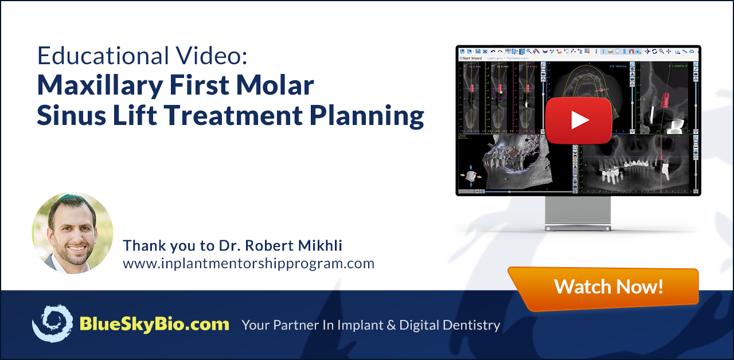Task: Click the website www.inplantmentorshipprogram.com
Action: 248,264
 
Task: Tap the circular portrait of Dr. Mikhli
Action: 72,233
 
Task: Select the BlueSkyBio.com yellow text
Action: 154,324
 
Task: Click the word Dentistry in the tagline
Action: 473,325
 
